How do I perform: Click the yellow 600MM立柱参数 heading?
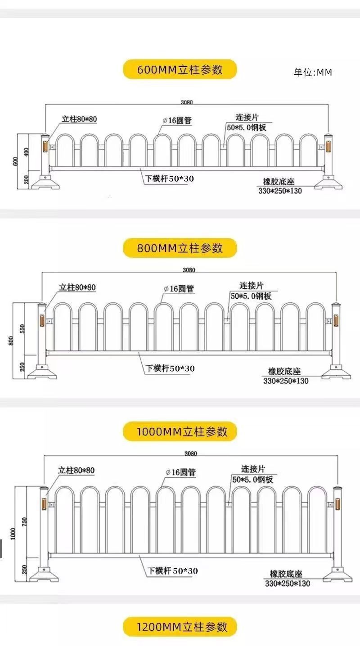(180, 69)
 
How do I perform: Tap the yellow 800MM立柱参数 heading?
(180, 248)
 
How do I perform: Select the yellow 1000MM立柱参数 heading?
(180, 431)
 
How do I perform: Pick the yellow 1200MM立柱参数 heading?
(180, 627)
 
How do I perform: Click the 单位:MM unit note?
(313, 72)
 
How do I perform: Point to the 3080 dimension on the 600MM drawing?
(187, 102)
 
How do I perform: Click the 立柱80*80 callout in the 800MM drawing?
(77, 287)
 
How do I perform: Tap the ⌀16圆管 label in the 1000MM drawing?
(181, 472)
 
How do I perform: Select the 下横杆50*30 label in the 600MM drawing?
(169, 179)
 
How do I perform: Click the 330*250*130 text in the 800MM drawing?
(286, 381)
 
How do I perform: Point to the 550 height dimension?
(22, 328)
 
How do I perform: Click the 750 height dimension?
(24, 521)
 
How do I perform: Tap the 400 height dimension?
(26, 152)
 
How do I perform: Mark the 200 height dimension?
(26, 179)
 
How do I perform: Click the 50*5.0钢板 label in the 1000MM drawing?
(253, 479)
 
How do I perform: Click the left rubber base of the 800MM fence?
(42, 372)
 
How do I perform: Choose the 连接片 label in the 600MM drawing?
(247, 117)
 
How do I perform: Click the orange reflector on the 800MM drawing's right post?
(336, 320)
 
